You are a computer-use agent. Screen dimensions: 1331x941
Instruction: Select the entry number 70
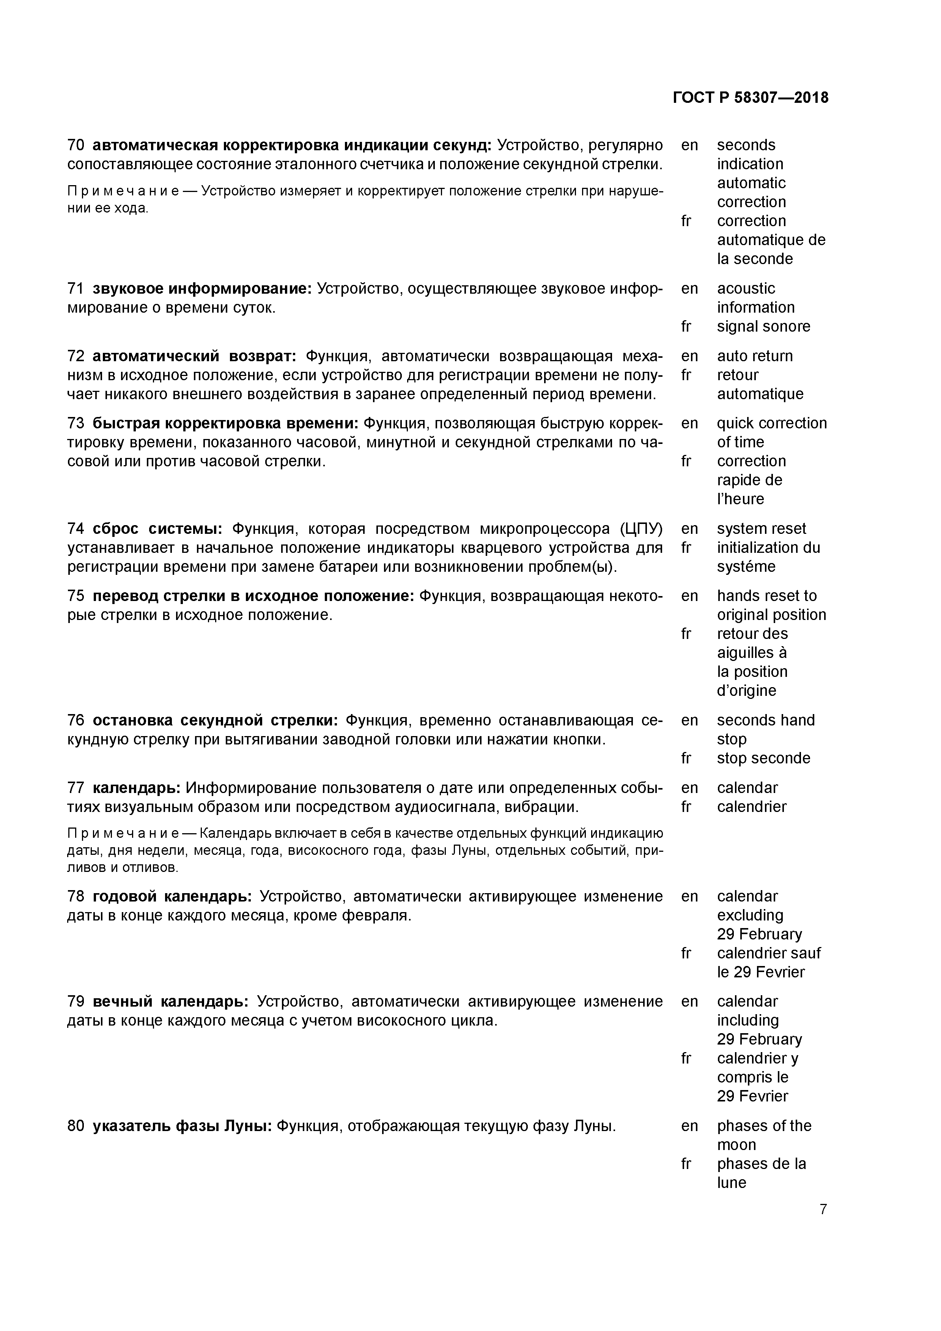click(x=76, y=145)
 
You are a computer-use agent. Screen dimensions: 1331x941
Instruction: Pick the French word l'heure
click(x=740, y=499)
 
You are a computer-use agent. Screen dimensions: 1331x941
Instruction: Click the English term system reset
click(x=761, y=529)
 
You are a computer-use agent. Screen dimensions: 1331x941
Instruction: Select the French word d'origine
click(x=746, y=691)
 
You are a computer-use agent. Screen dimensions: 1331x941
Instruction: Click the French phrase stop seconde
click(x=763, y=758)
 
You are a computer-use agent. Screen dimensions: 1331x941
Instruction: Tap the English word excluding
click(x=750, y=916)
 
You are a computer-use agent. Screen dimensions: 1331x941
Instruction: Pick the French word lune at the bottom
click(x=731, y=1183)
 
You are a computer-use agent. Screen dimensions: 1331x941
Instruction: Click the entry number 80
click(x=76, y=1126)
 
